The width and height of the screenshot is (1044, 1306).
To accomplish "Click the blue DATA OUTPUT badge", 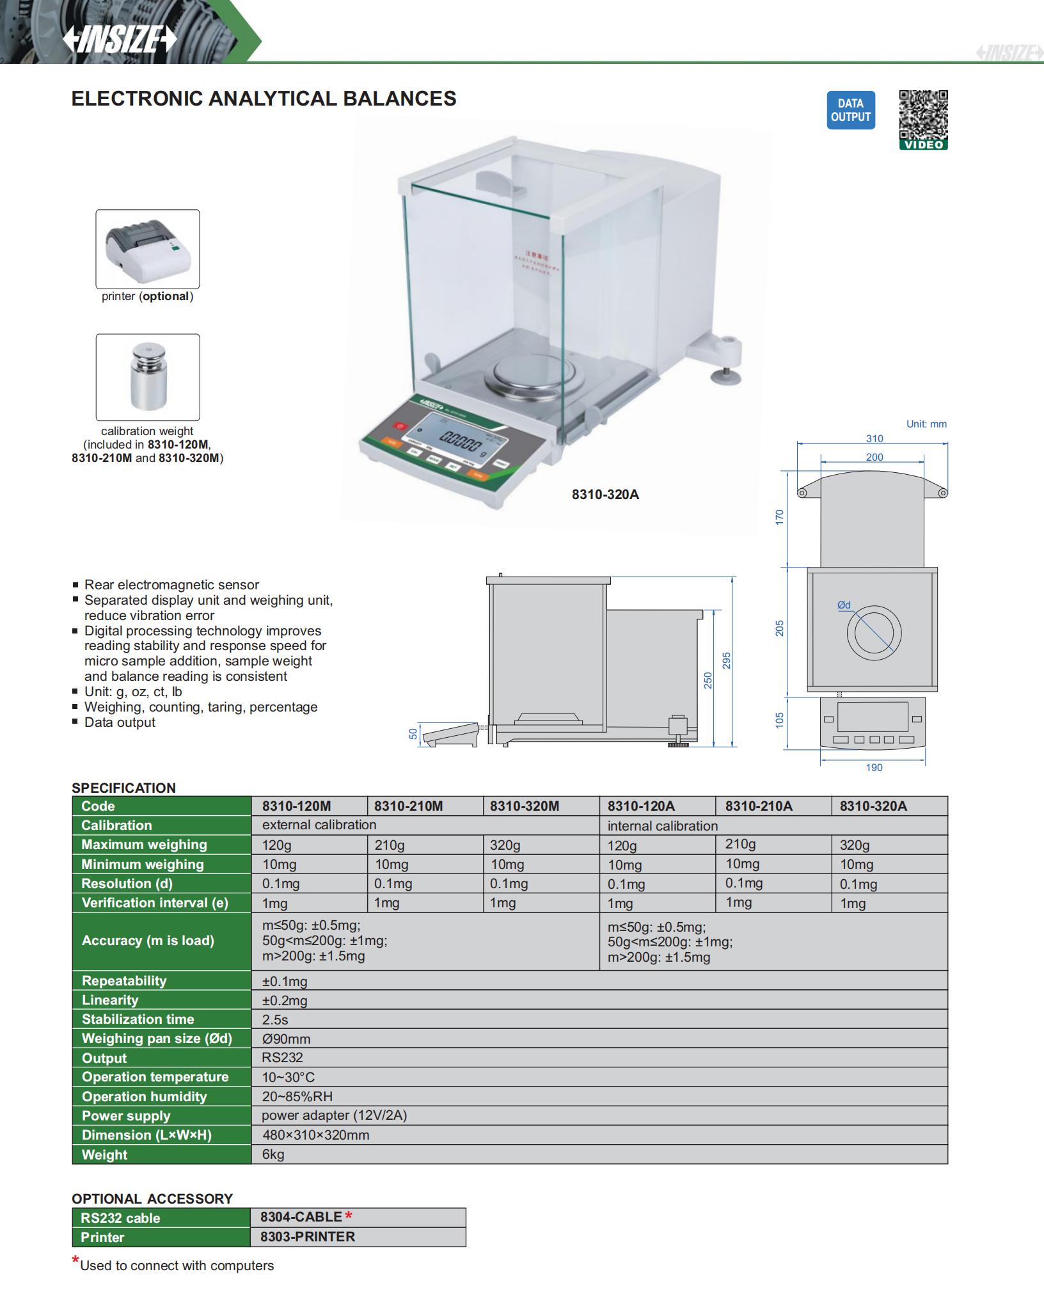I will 850,110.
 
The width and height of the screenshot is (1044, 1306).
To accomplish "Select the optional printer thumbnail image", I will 147,249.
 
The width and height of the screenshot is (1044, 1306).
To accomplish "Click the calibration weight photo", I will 147,377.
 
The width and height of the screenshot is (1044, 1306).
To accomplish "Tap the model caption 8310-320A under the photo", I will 605,495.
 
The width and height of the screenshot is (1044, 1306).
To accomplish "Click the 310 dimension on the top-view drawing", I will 874,439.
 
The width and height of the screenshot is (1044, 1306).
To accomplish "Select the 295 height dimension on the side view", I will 727,660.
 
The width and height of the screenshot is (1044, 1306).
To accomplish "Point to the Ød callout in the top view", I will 844,605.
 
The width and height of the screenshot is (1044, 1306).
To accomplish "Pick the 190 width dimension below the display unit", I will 874,768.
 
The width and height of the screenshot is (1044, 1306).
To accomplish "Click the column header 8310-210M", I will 408,806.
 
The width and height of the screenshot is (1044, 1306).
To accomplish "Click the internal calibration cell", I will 663,826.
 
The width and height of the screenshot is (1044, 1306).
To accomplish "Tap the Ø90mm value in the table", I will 286,1039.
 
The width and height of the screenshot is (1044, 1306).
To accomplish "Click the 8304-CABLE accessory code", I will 301,1217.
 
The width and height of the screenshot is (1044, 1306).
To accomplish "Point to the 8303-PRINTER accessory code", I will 307,1237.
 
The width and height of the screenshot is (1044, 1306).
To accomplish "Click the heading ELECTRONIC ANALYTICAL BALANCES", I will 264,99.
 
